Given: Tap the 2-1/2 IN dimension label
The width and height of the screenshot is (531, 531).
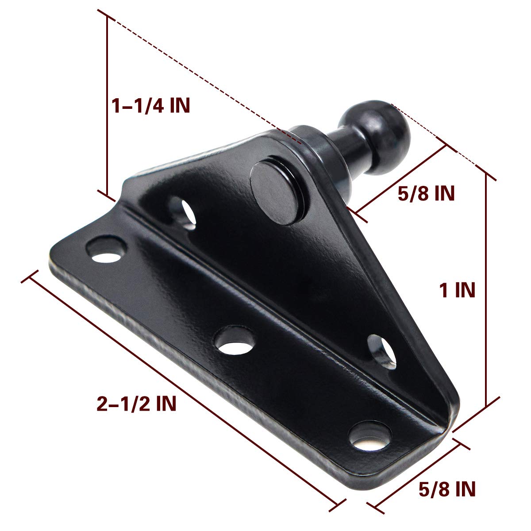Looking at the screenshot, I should tap(136, 404).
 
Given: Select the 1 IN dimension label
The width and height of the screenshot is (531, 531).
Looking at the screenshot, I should tap(457, 291).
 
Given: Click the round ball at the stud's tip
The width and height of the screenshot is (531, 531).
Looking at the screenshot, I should tap(388, 136).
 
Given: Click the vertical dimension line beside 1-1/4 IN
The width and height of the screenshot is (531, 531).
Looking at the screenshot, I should tap(107, 106).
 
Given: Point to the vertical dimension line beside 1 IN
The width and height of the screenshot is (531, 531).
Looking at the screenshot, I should tap(487, 290).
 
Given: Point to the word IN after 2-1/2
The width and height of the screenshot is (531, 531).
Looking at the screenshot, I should tap(165, 404).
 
